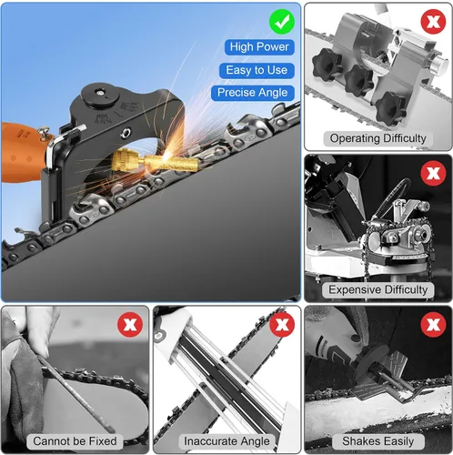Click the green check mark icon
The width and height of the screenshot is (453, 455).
282,22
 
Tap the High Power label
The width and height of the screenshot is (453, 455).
259,47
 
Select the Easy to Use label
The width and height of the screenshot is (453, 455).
257,70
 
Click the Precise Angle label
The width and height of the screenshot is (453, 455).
253,93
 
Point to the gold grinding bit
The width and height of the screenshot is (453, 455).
155,161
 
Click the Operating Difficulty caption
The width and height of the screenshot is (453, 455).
378,138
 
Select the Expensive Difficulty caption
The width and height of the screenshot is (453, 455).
378,289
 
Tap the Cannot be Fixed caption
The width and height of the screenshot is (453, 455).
75,441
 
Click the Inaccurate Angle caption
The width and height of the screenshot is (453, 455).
226,441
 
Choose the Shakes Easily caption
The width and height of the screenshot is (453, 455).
378,441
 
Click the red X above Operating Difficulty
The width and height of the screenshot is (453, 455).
433,22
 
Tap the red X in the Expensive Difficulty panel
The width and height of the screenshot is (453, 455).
433,173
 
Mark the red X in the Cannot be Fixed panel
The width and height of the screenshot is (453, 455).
130,325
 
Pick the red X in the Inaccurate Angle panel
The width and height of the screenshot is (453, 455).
282,325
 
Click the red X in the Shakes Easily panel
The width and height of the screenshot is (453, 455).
433,325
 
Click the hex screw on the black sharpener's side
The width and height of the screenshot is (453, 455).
126,132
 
